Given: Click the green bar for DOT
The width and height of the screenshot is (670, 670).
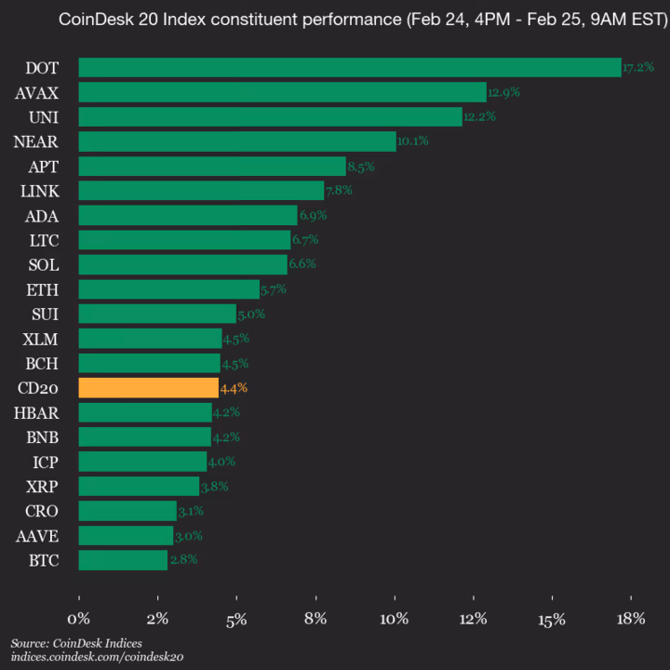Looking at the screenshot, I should click(349, 67).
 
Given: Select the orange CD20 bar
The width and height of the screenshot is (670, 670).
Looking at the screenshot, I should click(148, 388).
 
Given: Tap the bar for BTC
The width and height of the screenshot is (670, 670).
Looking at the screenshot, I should click(123, 560).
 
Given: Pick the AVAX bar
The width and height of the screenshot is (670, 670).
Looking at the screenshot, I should click(282, 92).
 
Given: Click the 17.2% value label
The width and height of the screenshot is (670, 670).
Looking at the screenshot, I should click(638, 68).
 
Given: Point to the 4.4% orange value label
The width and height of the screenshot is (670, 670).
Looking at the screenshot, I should click(234, 388).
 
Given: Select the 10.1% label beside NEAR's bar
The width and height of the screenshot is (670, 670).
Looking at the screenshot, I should click(412, 141).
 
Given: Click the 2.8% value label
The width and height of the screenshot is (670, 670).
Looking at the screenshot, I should click(182, 560).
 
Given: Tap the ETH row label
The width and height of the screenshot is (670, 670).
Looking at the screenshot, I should click(44, 289).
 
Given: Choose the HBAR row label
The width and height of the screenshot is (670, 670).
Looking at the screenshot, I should click(38, 412).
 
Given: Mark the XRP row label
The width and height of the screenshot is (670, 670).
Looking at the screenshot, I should click(42, 486).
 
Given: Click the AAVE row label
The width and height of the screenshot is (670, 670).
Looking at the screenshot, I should click(38, 535).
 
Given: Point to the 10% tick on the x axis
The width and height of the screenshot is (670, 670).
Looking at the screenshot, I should click(395, 619).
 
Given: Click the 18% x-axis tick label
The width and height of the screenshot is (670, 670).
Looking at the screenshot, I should click(631, 619).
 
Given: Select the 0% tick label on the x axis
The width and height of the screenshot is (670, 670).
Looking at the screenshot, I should click(79, 619).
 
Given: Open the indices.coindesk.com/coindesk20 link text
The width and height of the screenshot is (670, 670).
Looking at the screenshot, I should click(98, 657).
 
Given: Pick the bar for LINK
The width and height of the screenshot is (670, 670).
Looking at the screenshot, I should click(201, 191).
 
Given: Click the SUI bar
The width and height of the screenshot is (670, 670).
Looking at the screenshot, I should click(157, 314).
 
